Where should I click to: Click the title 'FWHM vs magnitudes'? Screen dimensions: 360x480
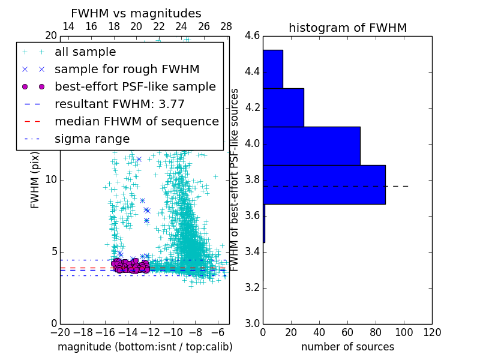(136, 13)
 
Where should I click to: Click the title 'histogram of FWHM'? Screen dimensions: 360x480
(347, 28)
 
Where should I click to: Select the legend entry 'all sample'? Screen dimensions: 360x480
(85, 52)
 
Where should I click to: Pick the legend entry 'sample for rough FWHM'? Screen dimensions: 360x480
(127, 70)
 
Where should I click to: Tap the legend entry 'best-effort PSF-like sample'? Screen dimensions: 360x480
(135, 87)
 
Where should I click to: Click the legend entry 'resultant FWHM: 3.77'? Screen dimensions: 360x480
(119, 104)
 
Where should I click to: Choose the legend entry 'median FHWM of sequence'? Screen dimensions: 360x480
(136, 121)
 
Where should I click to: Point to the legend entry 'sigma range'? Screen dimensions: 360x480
(92, 139)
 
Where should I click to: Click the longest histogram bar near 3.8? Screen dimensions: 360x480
(324, 184)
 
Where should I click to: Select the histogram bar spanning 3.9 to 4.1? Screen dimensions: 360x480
(311, 146)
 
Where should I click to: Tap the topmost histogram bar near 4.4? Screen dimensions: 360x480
(272, 69)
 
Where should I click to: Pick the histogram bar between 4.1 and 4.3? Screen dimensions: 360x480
(283, 107)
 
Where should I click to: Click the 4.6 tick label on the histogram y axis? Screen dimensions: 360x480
(252, 36)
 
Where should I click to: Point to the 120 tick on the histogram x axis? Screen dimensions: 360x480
(431, 332)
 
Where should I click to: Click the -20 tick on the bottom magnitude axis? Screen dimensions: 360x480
(60, 332)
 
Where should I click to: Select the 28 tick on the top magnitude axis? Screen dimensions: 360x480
(226, 26)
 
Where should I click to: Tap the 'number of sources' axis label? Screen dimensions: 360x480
(347, 347)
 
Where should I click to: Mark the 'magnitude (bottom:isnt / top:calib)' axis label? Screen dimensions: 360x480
(145, 347)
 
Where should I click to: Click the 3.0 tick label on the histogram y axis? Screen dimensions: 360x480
(252, 323)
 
